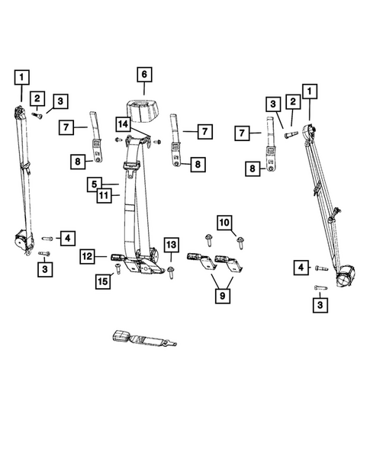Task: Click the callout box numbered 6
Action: [142, 75]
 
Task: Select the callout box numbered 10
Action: [225, 223]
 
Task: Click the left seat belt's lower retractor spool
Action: [23, 242]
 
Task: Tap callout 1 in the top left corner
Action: [22, 76]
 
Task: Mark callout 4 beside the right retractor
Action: [301, 268]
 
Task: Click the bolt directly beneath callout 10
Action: [238, 242]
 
